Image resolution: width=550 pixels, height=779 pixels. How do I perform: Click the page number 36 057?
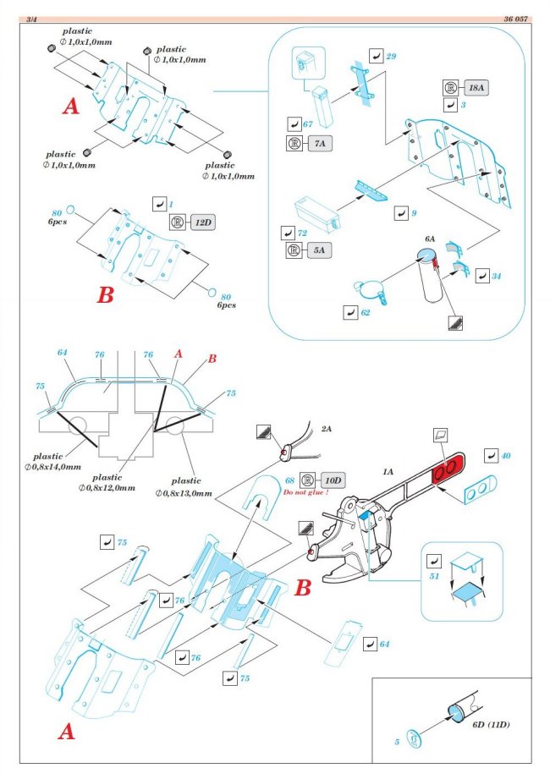(x=518, y=18)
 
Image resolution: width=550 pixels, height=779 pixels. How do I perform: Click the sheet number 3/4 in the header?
(x=32, y=18)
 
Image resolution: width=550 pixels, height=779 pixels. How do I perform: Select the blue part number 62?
(x=365, y=312)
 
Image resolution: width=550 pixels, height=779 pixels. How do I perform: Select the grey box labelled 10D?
(x=332, y=480)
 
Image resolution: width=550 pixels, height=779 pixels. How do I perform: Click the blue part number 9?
(x=413, y=213)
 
